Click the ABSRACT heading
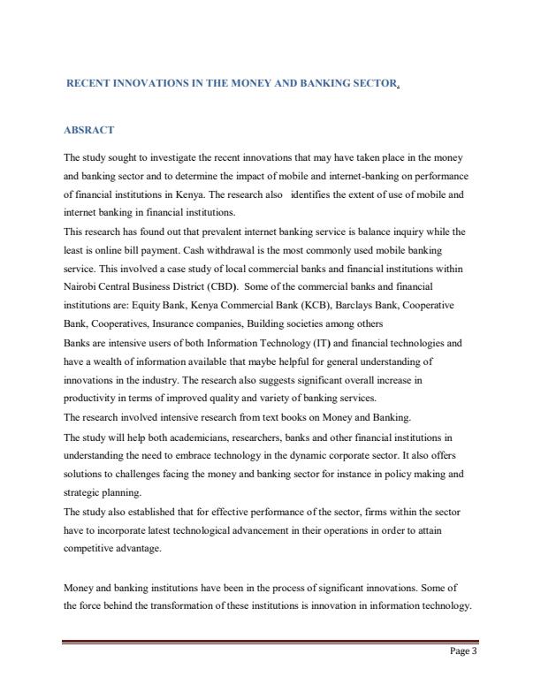tap(89, 130)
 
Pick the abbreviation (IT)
tap(296, 341)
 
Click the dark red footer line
tap(270, 642)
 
